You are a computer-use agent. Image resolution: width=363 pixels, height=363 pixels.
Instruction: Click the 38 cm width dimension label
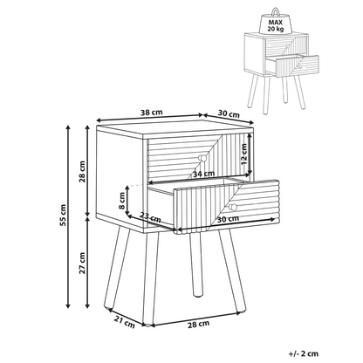151,113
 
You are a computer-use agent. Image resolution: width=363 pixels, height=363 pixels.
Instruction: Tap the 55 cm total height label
63,215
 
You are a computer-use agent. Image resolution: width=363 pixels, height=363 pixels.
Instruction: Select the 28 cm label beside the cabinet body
83,171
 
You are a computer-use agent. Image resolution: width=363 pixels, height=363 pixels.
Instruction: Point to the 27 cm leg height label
83,263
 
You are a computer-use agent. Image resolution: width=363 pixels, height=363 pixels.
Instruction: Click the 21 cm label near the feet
125,323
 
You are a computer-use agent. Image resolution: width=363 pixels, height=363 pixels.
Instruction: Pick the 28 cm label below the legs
198,324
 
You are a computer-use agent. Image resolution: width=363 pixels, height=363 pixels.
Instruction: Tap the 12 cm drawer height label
243,154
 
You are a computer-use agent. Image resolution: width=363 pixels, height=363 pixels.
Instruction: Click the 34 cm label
203,174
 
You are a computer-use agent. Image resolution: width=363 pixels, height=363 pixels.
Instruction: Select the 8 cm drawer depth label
122,202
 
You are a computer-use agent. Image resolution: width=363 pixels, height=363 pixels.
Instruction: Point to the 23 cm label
150,217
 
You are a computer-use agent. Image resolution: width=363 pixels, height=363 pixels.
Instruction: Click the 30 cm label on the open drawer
228,219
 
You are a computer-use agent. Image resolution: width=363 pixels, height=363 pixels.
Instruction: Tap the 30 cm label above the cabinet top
229,113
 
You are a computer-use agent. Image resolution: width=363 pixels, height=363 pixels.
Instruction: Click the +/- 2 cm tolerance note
304,353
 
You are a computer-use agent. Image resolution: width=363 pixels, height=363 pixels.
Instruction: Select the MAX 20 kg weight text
276,25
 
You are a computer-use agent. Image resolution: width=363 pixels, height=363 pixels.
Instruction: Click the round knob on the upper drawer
202,158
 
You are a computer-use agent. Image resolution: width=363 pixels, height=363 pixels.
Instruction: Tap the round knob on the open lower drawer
233,207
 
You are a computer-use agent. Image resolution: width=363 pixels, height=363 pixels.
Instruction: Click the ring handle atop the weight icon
275,11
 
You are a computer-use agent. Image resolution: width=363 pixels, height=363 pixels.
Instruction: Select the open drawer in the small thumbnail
293,65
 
